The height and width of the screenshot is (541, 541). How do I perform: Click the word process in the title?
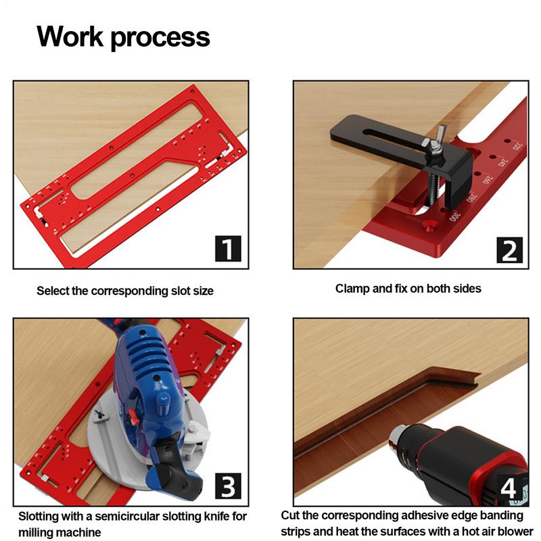pos(162,37)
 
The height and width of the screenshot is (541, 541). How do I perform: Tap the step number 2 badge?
pos(508,250)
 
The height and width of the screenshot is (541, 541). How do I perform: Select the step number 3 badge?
pos(228,487)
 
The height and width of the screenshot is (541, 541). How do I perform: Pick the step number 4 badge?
pos(508,486)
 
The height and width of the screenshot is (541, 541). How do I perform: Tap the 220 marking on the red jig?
pos(517,145)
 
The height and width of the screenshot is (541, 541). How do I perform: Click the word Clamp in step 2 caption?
pos(352,289)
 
